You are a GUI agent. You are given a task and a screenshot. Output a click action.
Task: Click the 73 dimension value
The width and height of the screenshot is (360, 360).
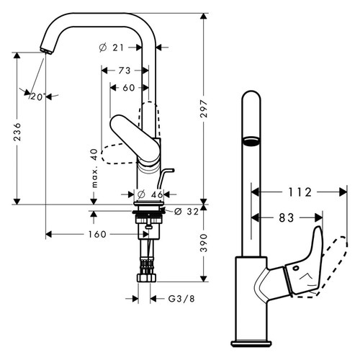click(126, 71)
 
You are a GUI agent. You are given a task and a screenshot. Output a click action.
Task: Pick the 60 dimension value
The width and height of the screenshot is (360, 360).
click(129, 87)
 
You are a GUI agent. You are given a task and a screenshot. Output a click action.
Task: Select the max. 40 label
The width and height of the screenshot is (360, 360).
click(94, 168)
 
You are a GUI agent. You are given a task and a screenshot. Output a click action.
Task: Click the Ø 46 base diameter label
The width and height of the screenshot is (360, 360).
click(148, 193)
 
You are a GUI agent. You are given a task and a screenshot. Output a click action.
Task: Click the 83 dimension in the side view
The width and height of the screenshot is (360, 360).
click(286, 216)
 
